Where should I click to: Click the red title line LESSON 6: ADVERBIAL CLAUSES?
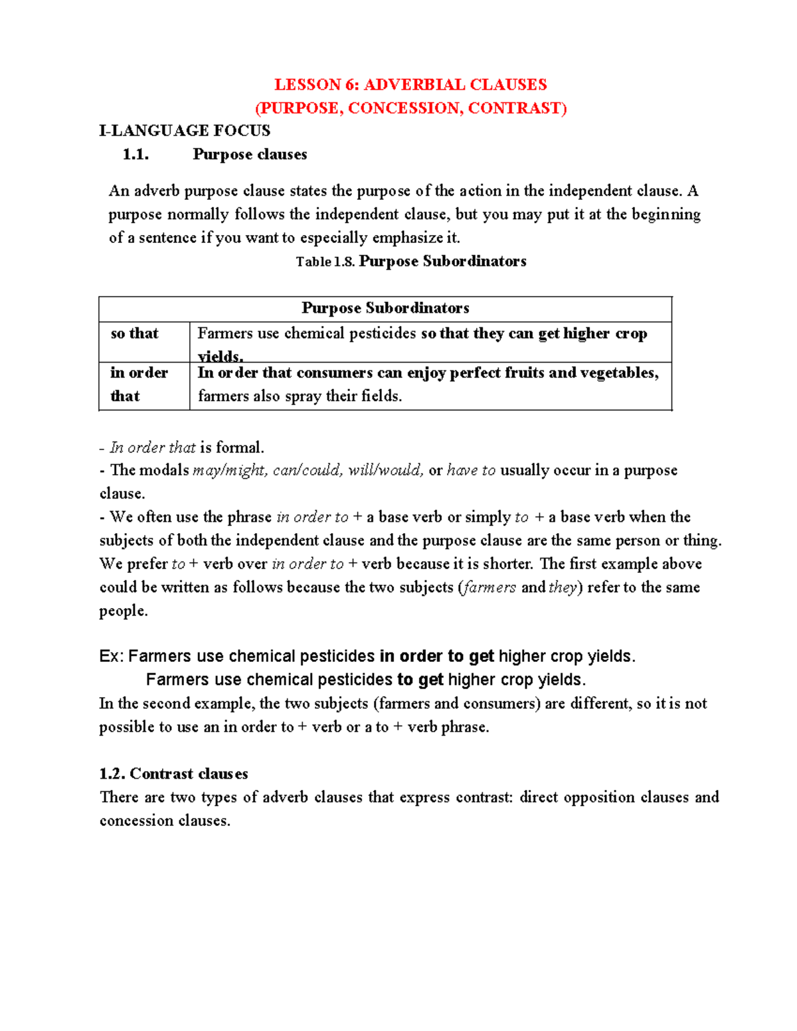coord(410,84)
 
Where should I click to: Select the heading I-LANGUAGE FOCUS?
coord(185,130)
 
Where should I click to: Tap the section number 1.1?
coord(135,155)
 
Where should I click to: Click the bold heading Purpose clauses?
coord(250,155)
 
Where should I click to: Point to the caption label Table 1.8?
coord(325,262)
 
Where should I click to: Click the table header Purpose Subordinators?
coord(385,308)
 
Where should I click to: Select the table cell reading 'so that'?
coord(134,333)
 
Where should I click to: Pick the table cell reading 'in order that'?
coord(139,384)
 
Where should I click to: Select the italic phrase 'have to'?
coord(471,471)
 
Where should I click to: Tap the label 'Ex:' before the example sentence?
coord(111,657)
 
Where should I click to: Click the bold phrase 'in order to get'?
coord(436,657)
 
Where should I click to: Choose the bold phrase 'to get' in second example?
coord(420,680)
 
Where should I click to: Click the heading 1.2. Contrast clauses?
coord(173,773)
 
